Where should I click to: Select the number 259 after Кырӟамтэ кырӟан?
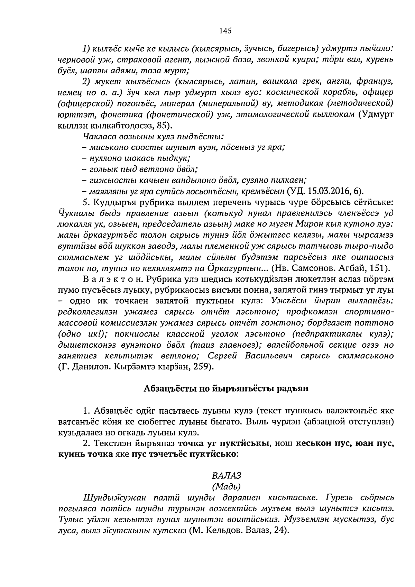204,367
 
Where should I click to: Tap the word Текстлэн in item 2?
113,443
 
